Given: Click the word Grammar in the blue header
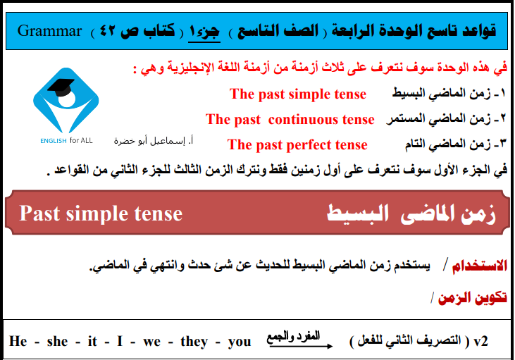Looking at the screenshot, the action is pos(49,31).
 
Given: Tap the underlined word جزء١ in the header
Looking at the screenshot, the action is pos(204,32).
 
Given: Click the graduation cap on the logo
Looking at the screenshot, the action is pos(61,87).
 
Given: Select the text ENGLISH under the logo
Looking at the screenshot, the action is pos(54,141).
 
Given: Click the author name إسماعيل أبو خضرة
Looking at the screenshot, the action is pos(153,141).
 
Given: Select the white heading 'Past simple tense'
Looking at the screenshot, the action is pos(101,214).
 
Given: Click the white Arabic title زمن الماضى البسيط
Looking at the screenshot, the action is pos(411,214).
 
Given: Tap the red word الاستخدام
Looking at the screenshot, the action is pos(480,266).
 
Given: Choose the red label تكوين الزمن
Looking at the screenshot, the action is pos(472,297).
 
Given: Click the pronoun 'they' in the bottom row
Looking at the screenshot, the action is pos(194,342).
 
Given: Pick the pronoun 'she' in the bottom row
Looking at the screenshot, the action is pos(58,341).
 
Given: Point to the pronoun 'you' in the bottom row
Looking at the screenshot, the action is pos(240,342).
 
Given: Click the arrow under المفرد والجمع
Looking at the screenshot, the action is pos(299,345).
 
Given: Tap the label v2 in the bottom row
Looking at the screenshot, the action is pos(481,342).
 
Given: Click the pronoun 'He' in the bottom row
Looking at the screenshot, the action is pos(18,341).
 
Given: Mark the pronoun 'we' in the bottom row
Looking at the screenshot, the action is pos(151,342).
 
